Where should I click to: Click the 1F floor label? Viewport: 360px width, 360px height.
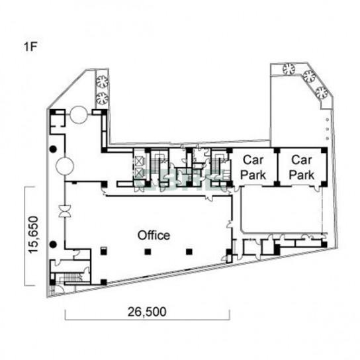(30, 46)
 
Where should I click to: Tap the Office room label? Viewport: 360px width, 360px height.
(154, 236)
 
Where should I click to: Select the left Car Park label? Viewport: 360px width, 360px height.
(253, 167)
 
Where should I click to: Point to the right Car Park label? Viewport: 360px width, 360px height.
(302, 167)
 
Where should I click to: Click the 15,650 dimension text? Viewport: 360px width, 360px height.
(33, 235)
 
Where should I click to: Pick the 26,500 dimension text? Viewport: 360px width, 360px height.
(147, 312)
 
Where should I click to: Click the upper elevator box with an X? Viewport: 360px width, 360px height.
(139, 161)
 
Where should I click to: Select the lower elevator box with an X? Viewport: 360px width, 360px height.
(139, 173)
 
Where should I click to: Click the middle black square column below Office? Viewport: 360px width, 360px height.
(148, 252)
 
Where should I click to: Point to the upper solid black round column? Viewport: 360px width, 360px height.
(53, 150)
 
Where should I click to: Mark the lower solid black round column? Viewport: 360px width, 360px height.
(53, 245)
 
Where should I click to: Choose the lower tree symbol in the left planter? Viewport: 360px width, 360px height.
(102, 98)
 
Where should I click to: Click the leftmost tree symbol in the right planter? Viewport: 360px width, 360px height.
(289, 69)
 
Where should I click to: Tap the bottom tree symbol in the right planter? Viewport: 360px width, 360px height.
(322, 93)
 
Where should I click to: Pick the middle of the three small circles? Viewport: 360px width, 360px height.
(327, 129)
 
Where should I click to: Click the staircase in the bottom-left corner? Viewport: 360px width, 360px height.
(71, 277)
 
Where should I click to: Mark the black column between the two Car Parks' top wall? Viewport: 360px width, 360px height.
(277, 151)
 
